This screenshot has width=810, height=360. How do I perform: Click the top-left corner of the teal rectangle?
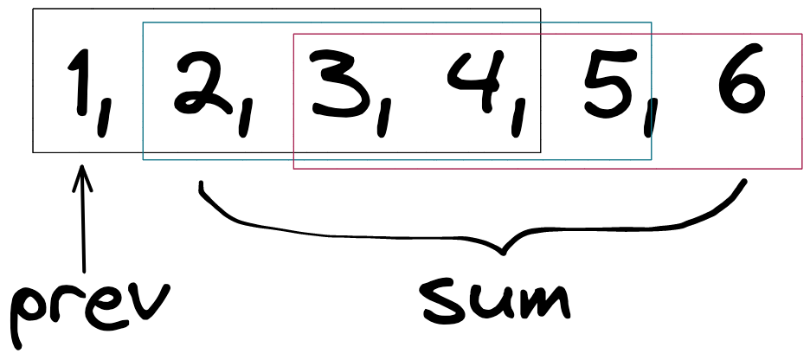tap(143, 22)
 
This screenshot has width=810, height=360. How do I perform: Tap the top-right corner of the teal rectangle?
tap(652, 22)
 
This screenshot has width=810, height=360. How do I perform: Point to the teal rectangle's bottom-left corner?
tap(143, 160)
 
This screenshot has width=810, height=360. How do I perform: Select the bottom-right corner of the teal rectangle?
tap(652, 160)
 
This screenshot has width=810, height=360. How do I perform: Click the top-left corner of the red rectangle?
tap(293, 34)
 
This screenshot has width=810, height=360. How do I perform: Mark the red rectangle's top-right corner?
tap(802, 34)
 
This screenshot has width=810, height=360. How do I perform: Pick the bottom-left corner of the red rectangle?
tap(293, 169)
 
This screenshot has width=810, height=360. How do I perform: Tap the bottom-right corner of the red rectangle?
tap(802, 169)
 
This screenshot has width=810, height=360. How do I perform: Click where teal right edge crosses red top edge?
tap(652, 34)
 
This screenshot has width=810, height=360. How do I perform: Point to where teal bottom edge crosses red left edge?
tap(293, 160)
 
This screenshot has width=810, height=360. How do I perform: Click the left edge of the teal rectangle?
tap(143, 91)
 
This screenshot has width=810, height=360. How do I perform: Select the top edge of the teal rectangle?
tap(216, 22)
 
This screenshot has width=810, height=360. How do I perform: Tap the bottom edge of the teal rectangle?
tap(216, 160)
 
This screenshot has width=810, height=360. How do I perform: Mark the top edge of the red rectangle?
tap(727, 34)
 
